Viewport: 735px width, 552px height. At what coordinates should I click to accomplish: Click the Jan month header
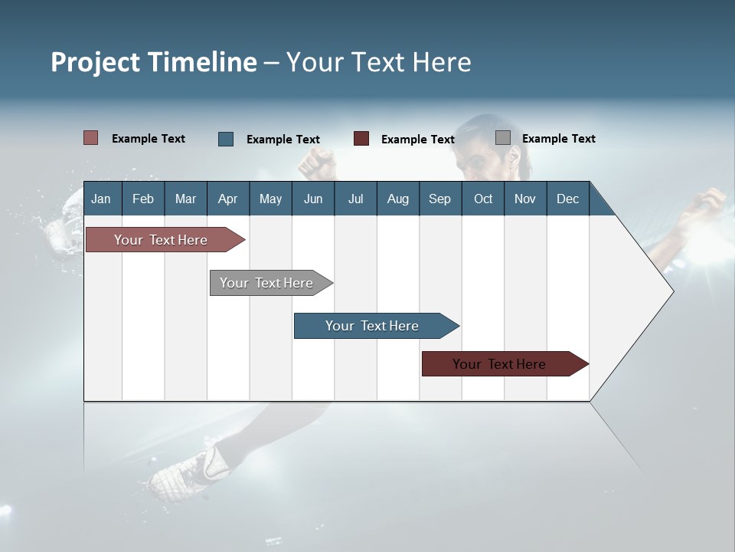click(101, 199)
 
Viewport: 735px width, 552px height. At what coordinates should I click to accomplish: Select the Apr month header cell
click(228, 199)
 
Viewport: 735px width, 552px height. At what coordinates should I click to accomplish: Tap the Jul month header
click(355, 199)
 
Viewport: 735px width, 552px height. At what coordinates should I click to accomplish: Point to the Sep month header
click(439, 199)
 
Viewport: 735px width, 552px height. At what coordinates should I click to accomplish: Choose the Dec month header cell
click(567, 199)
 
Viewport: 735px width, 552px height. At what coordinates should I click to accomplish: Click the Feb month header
click(143, 199)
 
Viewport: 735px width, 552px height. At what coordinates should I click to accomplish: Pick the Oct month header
click(483, 199)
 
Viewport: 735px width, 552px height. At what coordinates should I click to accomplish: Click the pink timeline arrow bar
click(161, 240)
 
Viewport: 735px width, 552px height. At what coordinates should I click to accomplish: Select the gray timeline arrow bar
click(266, 283)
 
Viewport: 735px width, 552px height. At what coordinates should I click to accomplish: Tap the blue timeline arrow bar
click(372, 326)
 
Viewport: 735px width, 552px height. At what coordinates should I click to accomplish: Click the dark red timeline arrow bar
click(499, 364)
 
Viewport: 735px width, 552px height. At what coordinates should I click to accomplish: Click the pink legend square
click(91, 138)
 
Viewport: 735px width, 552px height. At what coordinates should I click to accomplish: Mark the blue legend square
click(226, 139)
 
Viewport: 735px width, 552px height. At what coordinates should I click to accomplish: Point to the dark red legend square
click(361, 139)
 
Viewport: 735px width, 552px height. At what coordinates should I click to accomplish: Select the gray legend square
click(503, 138)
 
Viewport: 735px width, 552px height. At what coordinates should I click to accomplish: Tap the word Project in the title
click(95, 62)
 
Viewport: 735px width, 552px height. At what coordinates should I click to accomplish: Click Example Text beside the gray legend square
click(558, 139)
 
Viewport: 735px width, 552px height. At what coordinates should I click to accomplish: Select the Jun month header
click(313, 199)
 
